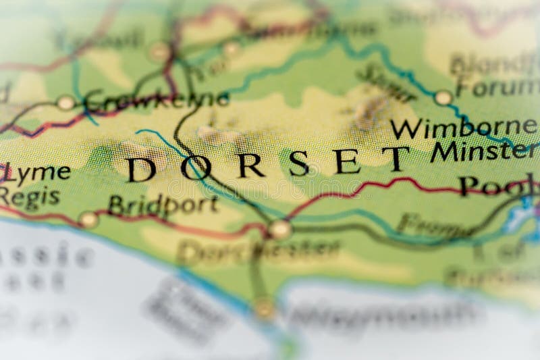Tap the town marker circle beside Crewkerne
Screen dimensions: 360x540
(x=65, y=103)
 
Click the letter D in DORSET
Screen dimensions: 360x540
(x=142, y=170)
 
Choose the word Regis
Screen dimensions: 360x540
(x=30, y=197)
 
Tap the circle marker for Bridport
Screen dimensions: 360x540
(x=88, y=219)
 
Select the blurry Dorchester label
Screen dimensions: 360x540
(x=259, y=251)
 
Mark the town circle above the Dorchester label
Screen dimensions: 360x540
(x=279, y=229)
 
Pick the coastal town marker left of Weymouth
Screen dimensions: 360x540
(x=265, y=309)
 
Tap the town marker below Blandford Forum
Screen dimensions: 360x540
(x=443, y=98)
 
